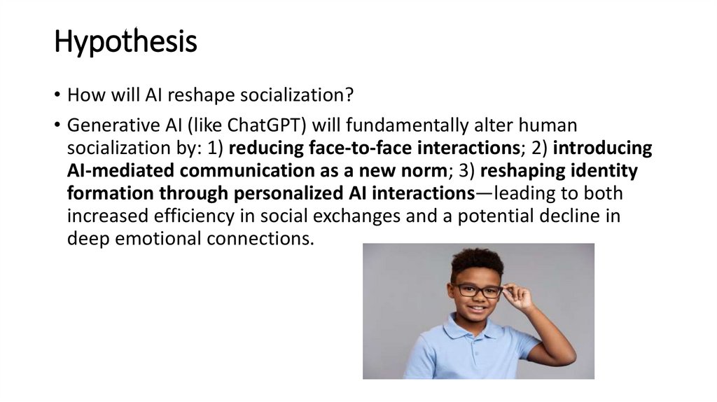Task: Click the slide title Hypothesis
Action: [x=125, y=41]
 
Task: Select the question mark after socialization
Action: [x=350, y=95]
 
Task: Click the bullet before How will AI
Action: [x=57, y=95]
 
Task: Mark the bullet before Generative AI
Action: [x=57, y=125]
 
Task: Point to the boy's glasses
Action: [x=478, y=291]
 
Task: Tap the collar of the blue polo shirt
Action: [x=471, y=328]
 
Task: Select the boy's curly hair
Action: [x=477, y=262]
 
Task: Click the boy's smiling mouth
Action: [x=476, y=308]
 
